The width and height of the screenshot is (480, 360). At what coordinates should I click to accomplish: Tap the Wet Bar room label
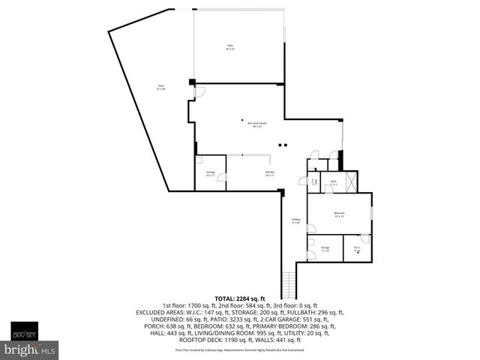coord(268,173)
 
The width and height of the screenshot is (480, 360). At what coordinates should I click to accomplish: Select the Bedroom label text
coord(339,214)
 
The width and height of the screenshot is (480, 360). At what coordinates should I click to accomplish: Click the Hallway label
coord(295,220)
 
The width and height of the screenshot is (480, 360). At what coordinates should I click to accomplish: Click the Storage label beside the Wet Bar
coord(210,173)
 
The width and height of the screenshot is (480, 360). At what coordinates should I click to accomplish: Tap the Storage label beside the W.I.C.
coord(325,248)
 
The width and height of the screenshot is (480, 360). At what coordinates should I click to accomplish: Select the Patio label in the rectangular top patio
coord(230,47)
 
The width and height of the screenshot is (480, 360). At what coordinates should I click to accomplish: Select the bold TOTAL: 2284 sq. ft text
coord(240,298)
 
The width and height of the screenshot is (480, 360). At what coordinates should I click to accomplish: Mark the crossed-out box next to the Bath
coord(349,182)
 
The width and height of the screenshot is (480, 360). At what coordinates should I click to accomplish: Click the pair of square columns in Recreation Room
coord(281,145)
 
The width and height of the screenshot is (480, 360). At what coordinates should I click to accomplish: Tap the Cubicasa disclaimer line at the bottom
coord(240,349)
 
